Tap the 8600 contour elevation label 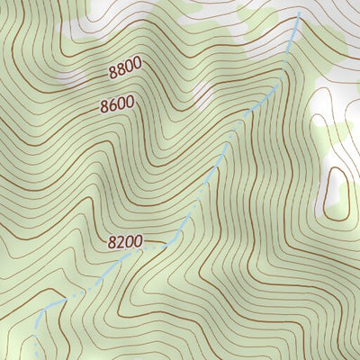click(117, 105)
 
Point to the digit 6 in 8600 click(112, 106)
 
